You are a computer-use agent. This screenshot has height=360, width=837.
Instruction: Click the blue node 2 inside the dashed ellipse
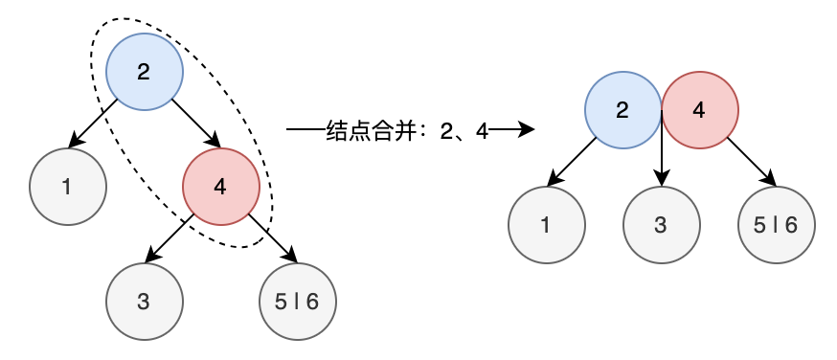coord(144,72)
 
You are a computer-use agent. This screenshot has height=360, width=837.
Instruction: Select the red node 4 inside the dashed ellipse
coord(220,187)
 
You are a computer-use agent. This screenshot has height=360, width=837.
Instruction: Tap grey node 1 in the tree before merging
coord(67,187)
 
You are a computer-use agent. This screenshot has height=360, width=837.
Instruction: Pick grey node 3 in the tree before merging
coord(144,302)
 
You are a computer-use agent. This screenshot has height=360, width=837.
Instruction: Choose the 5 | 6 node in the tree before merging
coord(297,302)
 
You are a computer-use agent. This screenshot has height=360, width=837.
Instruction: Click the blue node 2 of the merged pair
coord(622,110)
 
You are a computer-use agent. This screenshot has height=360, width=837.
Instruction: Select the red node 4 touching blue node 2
coord(699,110)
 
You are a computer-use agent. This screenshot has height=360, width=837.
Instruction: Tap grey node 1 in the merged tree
coord(546,225)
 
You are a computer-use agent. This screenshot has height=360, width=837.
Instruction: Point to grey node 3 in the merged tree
coord(661,225)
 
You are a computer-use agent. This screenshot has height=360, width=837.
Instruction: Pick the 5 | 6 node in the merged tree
coord(776,225)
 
